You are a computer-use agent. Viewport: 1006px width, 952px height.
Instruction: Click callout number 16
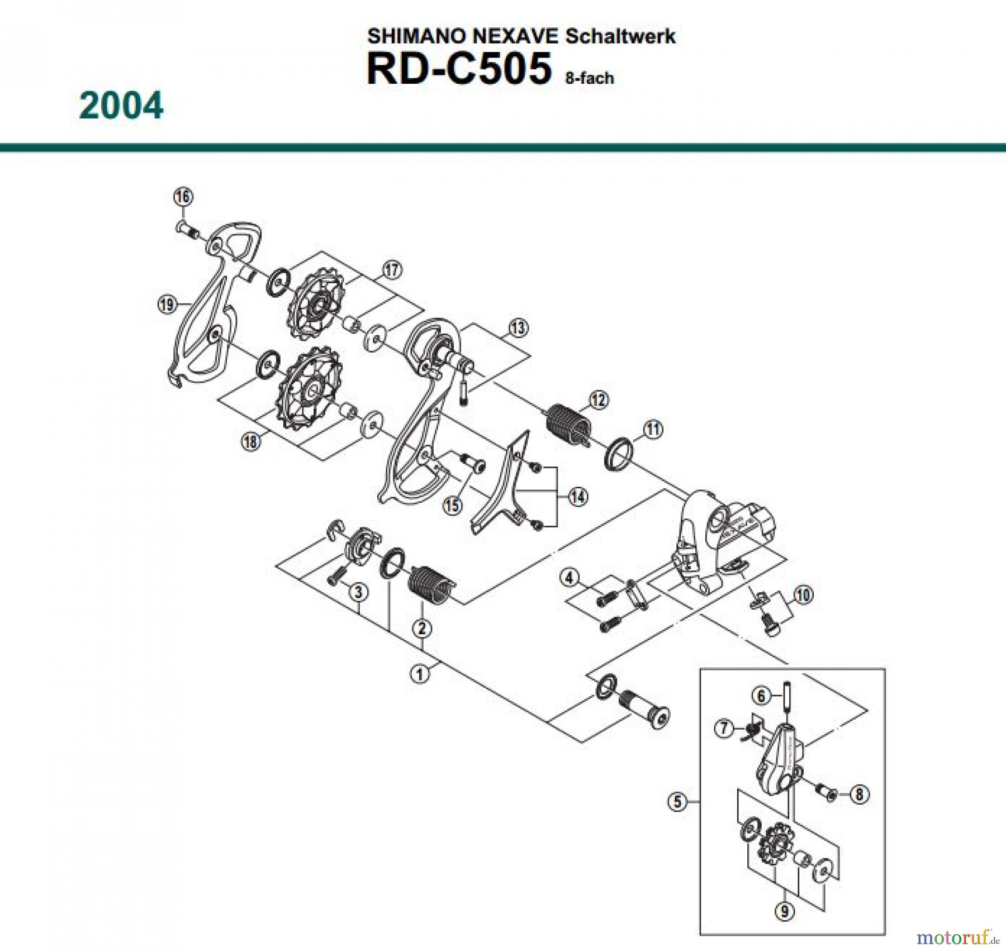pyautogui.click(x=183, y=197)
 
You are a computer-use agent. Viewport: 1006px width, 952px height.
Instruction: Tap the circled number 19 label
pyautogui.click(x=167, y=304)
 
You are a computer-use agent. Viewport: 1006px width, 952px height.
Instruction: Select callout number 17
pyautogui.click(x=392, y=270)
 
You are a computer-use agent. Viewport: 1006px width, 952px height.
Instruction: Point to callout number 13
pyautogui.click(x=518, y=328)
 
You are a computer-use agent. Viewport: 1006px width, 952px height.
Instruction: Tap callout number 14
pyautogui.click(x=577, y=496)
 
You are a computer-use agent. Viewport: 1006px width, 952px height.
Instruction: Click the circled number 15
pyautogui.click(x=453, y=506)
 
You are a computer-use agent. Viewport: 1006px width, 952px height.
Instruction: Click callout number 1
pyautogui.click(x=420, y=674)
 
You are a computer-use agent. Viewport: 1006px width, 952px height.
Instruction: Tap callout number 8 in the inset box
pyautogui.click(x=860, y=794)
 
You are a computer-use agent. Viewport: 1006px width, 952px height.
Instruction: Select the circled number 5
pyautogui.click(x=677, y=802)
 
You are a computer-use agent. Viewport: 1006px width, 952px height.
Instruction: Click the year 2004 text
pyautogui.click(x=121, y=106)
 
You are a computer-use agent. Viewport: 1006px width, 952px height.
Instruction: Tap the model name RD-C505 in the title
pyautogui.click(x=458, y=69)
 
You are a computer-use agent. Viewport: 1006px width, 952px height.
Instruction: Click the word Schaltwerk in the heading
pyautogui.click(x=620, y=36)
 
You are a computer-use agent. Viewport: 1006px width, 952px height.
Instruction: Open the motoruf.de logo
pyautogui.click(x=956, y=936)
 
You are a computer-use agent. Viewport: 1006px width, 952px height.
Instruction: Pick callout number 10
pyautogui.click(x=803, y=594)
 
